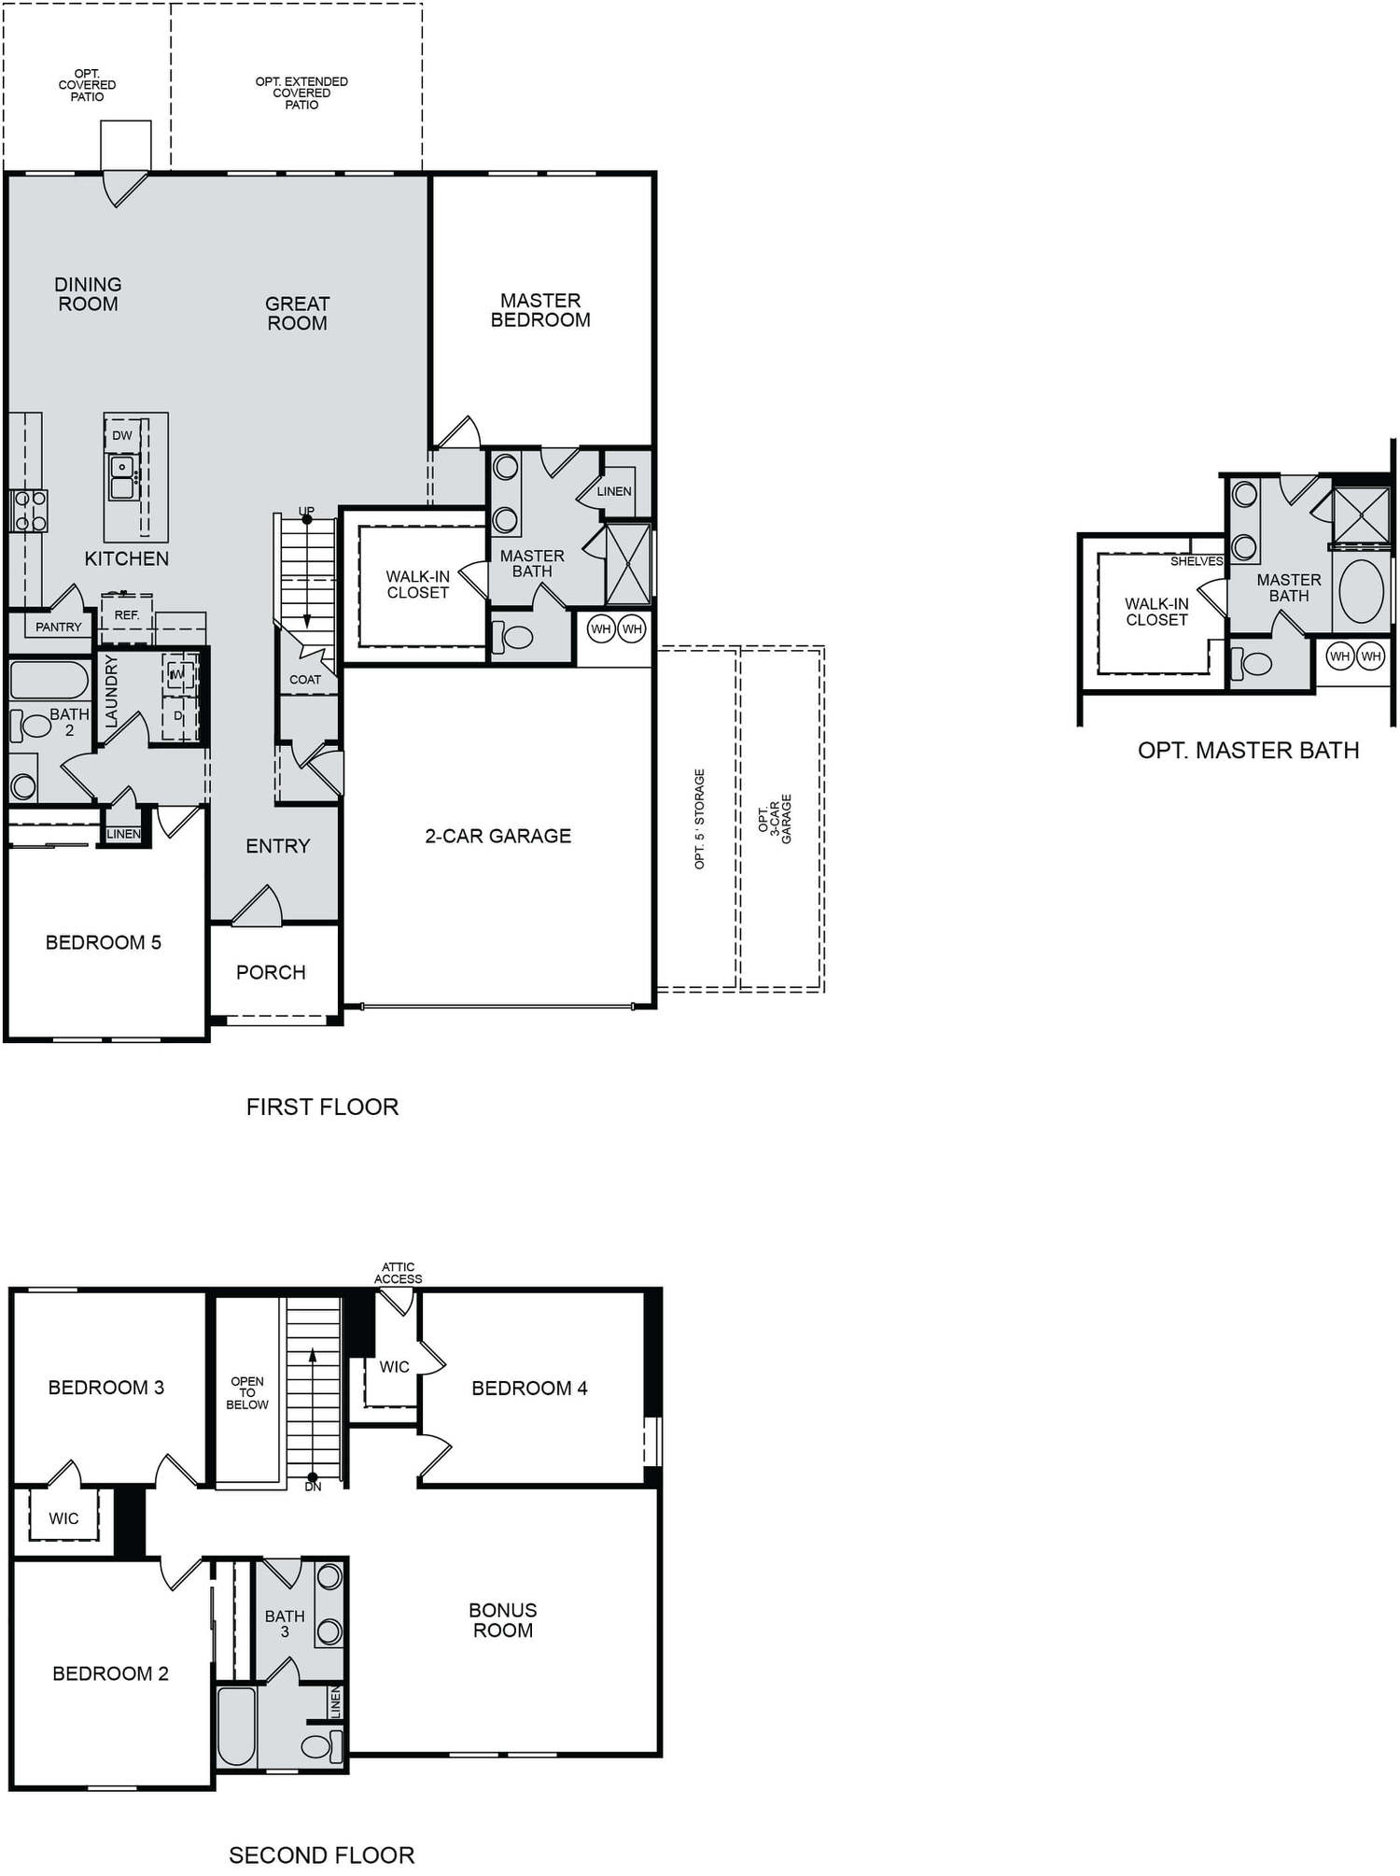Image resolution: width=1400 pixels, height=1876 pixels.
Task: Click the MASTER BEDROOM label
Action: (540, 310)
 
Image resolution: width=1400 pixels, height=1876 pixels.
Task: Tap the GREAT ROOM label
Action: (297, 313)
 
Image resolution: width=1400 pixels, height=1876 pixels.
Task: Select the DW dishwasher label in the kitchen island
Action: (122, 435)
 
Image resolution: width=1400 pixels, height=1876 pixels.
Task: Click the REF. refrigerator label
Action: (127, 615)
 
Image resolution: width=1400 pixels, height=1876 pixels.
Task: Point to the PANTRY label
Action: (58, 627)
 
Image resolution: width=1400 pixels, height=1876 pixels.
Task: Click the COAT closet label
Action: (305, 679)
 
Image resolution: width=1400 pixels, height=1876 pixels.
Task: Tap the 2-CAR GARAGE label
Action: (497, 836)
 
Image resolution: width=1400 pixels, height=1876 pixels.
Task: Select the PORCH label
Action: (271, 972)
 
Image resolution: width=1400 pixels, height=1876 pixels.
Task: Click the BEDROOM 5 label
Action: (103, 942)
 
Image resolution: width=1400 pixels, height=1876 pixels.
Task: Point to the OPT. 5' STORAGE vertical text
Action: (699, 819)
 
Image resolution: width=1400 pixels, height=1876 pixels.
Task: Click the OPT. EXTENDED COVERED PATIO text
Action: (301, 92)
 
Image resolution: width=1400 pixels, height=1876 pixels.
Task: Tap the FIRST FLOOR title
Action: (322, 1107)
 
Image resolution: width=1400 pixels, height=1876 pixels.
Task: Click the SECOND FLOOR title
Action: (321, 1855)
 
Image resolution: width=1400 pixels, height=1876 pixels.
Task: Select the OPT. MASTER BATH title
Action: (1248, 750)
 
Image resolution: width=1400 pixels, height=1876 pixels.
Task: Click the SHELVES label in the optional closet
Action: (1197, 561)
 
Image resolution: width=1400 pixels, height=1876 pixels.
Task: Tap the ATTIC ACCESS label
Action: (399, 1273)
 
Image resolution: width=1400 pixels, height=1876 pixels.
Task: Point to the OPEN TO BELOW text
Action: (246, 1392)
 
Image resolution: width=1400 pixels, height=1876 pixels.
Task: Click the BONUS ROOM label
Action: (502, 1620)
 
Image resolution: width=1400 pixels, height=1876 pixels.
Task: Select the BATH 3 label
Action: (285, 1623)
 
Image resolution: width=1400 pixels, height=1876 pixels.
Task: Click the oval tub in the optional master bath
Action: (1362, 591)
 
